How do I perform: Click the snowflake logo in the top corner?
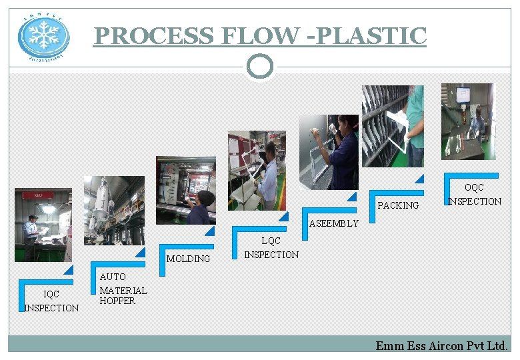click(43, 36)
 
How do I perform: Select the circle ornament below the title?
click(260, 66)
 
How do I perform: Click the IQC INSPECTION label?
click(51, 301)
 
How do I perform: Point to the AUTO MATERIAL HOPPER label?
click(123, 289)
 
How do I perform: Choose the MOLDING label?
click(188, 259)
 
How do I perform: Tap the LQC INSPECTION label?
click(271, 247)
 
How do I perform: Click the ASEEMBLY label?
click(333, 223)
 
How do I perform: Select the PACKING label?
click(398, 205)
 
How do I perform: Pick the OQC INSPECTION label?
click(475, 195)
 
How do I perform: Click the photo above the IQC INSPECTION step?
click(43, 225)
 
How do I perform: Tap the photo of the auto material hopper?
click(114, 210)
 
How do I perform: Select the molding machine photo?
click(185, 190)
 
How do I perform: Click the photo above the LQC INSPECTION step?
click(257, 170)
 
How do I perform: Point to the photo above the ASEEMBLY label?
click(329, 152)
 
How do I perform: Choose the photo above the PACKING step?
click(393, 126)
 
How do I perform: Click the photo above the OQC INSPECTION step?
click(468, 121)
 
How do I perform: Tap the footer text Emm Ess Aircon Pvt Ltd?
click(441, 345)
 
